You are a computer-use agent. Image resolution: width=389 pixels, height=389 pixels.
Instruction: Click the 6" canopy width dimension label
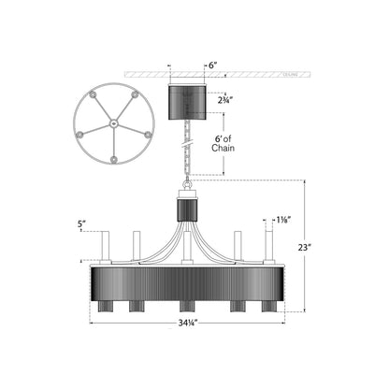[x=212, y=66]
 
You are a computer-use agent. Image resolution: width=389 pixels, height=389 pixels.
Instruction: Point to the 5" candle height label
[x=82, y=224]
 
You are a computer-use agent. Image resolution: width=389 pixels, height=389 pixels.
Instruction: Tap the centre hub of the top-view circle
[x=113, y=122]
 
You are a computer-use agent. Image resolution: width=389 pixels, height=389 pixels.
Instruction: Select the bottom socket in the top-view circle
[x=113, y=162]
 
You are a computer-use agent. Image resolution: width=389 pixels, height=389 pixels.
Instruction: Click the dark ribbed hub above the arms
[x=187, y=209]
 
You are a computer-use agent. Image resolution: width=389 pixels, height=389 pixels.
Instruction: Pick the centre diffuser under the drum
[x=188, y=307]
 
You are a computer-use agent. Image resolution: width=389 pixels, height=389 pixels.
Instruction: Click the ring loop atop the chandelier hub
[x=188, y=185]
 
